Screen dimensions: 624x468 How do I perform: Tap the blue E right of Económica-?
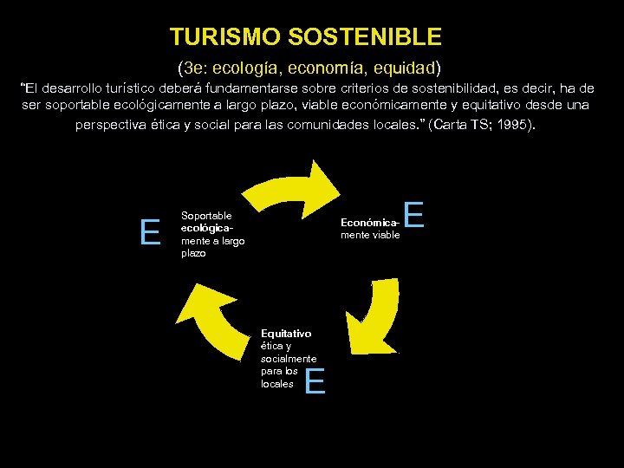[414, 215]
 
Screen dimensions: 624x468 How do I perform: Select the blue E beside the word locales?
[315, 380]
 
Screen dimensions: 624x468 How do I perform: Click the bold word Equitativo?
[286, 333]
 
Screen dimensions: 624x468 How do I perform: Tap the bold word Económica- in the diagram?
[370, 222]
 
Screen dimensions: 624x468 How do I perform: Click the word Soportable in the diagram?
[206, 215]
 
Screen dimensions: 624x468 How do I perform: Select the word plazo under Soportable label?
[193, 253]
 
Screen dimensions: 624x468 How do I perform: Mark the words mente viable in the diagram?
[370, 234]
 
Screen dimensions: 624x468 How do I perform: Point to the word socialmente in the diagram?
[289, 358]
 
